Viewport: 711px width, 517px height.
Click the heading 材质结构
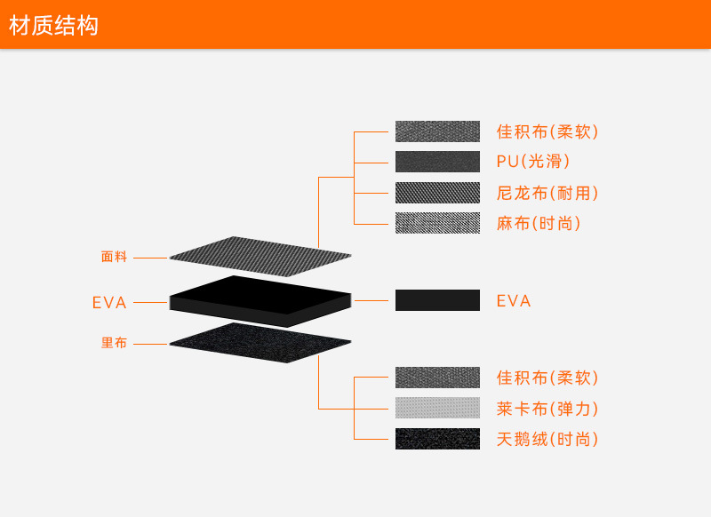[53, 26]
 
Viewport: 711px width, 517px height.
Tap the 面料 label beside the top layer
[115, 258]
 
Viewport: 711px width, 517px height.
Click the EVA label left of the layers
[110, 303]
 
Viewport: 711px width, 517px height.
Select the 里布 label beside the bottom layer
[115, 343]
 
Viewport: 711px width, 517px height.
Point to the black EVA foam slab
[260, 300]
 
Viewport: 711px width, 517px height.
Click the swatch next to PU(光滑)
[437, 162]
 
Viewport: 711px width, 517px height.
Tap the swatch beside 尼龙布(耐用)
[437, 193]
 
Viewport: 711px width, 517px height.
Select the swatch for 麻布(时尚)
[437, 223]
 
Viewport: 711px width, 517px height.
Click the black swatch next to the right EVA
[437, 300]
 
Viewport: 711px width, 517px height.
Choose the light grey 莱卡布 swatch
[437, 409]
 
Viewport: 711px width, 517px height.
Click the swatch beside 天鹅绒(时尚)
[437, 439]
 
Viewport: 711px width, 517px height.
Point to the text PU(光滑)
[533, 162]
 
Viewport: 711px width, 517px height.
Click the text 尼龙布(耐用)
[547, 193]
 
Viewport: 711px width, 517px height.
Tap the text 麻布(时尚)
[539, 223]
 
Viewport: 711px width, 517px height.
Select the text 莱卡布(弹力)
[547, 409]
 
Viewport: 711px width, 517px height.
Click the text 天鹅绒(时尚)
[547, 439]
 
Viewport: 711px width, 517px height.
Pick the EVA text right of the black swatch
[514, 301]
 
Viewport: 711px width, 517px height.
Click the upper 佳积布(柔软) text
[547, 131]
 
